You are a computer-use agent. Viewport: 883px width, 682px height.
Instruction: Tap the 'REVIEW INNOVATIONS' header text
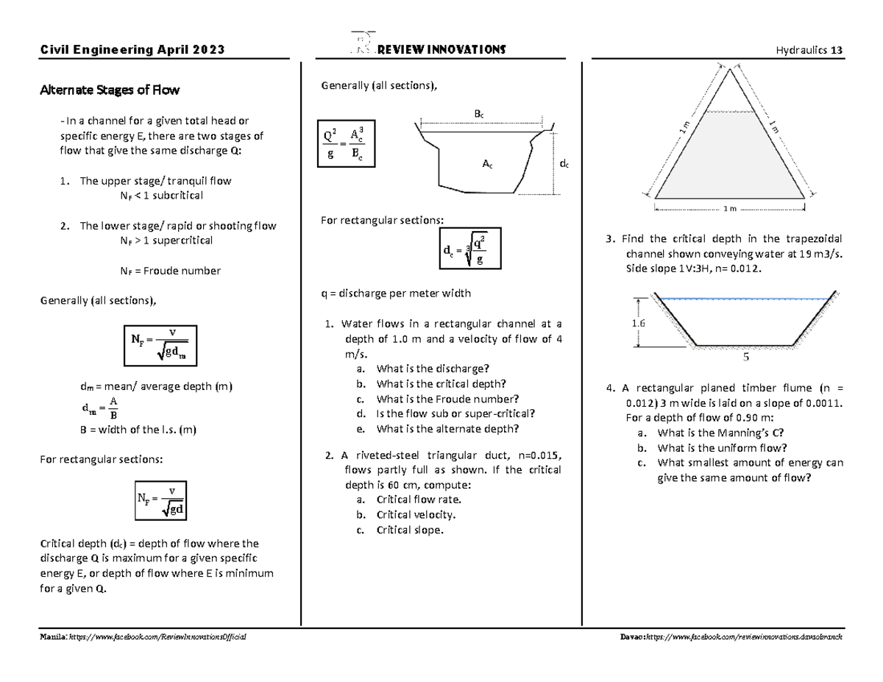440,49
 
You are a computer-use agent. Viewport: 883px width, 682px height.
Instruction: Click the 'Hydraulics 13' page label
809,50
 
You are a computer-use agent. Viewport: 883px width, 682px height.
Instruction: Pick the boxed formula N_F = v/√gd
160,499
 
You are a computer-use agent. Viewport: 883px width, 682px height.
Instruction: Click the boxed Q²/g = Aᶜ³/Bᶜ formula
344,143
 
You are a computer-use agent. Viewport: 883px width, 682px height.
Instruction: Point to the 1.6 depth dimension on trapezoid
637,324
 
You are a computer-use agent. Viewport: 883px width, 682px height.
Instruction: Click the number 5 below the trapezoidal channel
745,358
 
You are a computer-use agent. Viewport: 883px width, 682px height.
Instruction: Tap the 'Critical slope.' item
410,530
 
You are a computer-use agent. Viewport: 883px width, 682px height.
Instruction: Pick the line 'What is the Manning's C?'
715,433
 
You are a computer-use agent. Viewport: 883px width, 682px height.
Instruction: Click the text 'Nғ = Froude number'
170,271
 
